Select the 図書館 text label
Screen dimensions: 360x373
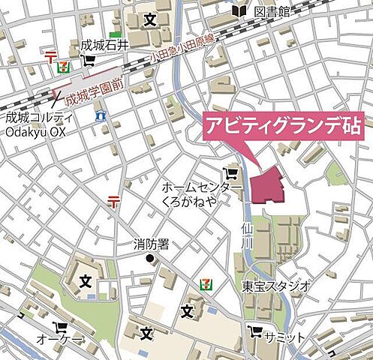pos(272,12)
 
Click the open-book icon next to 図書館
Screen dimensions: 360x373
pos(239,11)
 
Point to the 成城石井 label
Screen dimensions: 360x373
pos(105,45)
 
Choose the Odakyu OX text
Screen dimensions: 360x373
pos(35,132)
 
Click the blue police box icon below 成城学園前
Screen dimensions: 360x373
pos(100,116)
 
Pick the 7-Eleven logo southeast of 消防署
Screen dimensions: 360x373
pos(203,283)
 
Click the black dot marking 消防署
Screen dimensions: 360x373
pos(150,259)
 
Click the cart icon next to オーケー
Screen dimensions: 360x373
pos(59,328)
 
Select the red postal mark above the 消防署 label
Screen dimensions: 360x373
pos(113,200)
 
